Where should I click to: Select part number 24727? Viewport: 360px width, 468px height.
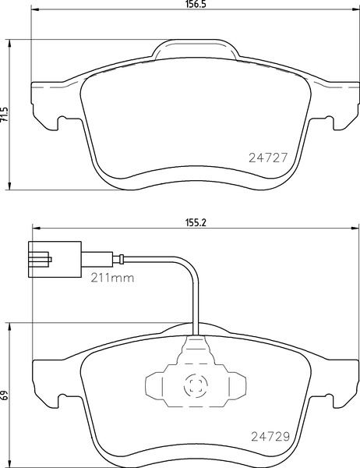coord(267,156)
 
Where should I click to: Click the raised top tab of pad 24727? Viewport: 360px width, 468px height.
coord(194,51)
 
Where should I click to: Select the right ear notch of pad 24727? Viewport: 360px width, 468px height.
coord(335,121)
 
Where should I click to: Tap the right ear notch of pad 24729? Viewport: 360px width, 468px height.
coord(335,402)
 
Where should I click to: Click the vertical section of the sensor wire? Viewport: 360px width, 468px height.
coord(193,300)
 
